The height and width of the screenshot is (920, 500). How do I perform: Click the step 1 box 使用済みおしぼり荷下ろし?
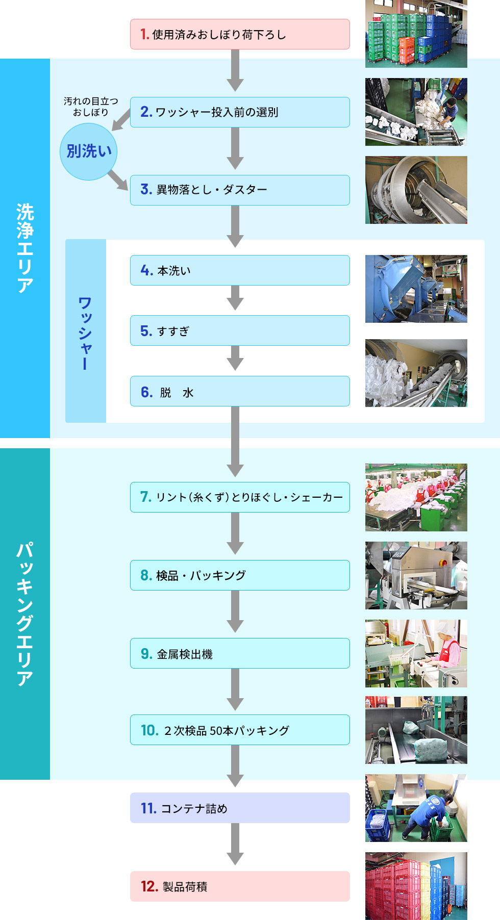pyautogui.click(x=240, y=34)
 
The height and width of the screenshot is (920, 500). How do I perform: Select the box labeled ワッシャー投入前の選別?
pyautogui.click(x=240, y=112)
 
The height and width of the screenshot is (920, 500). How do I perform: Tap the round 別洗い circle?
pyautogui.click(x=89, y=151)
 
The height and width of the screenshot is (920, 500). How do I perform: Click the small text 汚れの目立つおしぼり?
pyautogui.click(x=90, y=107)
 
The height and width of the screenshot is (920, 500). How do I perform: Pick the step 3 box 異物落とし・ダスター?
pyautogui.click(x=240, y=190)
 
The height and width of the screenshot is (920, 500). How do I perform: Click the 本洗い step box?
pyautogui.click(x=240, y=270)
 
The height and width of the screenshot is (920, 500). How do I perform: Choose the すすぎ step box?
pyautogui.click(x=240, y=330)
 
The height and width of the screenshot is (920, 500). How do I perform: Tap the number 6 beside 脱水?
pyautogui.click(x=146, y=392)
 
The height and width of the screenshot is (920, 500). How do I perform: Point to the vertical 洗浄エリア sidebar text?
pyautogui.click(x=24, y=248)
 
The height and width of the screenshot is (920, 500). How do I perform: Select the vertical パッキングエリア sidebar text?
pyautogui.click(x=24, y=614)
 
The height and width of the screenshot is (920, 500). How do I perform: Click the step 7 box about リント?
pyautogui.click(x=240, y=497)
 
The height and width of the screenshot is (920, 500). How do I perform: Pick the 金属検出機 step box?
pyautogui.click(x=240, y=653)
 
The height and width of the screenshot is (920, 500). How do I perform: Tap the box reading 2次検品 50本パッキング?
pyautogui.click(x=240, y=730)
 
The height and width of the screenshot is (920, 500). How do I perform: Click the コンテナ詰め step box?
pyautogui.click(x=240, y=808)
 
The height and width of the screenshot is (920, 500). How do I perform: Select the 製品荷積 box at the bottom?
pyautogui.click(x=240, y=886)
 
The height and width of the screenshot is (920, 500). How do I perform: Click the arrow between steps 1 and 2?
pyautogui.click(x=235, y=71)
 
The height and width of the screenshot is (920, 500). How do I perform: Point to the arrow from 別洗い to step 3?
pyautogui.click(x=118, y=181)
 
